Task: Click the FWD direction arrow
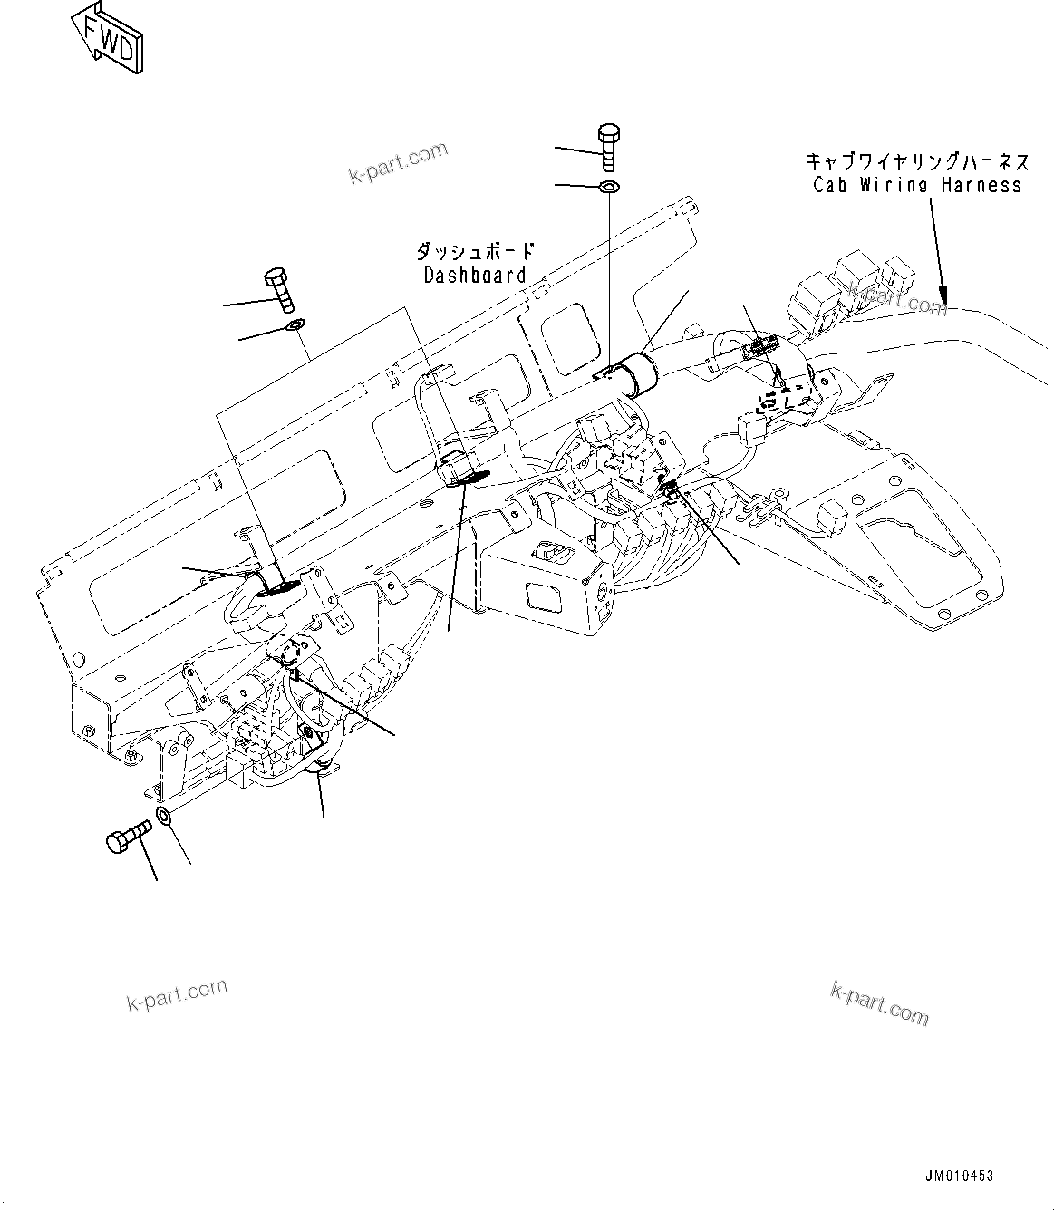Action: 107,37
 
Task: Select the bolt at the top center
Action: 608,146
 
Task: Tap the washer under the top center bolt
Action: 609,188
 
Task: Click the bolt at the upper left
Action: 277,289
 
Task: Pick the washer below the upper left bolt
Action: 295,325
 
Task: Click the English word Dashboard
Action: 475,276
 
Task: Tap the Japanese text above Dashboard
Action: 475,251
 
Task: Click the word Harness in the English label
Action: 981,186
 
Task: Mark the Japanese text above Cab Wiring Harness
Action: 917,162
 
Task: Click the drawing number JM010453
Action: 959,1176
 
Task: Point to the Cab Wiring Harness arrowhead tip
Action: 944,302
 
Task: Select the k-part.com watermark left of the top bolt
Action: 399,163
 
